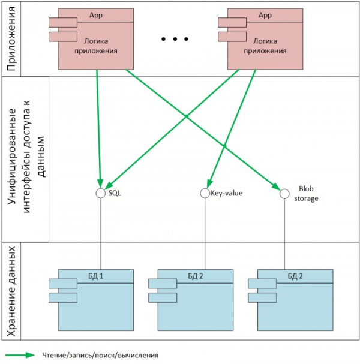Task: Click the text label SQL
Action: (x=115, y=193)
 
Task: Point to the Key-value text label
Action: (x=226, y=193)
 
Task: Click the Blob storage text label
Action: (x=306, y=194)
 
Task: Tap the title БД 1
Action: (x=95, y=276)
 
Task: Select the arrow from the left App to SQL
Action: (x=99, y=128)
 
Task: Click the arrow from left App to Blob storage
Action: (x=203, y=130)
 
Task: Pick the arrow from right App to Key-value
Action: (x=232, y=129)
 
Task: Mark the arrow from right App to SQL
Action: (x=172, y=130)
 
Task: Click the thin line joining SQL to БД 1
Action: (x=101, y=234)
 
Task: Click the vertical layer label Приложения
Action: (x=11, y=38)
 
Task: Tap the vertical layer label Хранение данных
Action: (x=11, y=291)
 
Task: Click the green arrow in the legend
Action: (x=20, y=355)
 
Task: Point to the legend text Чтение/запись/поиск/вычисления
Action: (x=100, y=355)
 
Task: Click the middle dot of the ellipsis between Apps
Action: (x=175, y=39)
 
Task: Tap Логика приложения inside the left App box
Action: (x=96, y=46)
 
